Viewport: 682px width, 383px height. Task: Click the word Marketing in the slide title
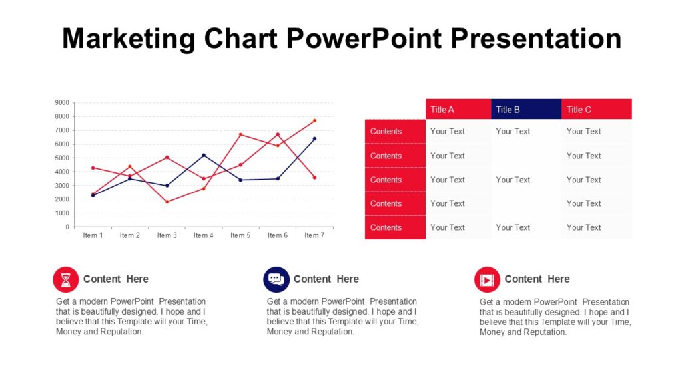point(129,39)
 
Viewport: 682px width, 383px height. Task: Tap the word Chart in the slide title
point(240,38)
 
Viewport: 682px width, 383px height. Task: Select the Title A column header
point(458,109)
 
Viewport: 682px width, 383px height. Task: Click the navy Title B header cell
point(526,109)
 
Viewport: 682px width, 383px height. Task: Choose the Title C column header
point(597,109)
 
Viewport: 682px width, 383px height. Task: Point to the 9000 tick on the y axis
point(62,102)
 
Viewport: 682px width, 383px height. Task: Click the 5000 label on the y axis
point(62,158)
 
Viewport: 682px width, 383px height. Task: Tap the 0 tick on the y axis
point(67,227)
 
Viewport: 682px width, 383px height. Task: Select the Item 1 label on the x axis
point(93,235)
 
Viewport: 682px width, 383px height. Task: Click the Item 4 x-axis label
point(204,235)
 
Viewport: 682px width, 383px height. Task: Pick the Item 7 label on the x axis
point(314,235)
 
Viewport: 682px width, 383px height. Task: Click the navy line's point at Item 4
point(204,155)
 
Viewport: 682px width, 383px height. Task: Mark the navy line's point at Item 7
point(315,139)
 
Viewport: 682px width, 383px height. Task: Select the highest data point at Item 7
point(315,121)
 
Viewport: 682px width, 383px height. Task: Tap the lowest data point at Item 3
point(167,202)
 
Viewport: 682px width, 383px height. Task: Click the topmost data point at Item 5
point(240,134)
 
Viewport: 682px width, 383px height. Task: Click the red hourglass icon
point(66,279)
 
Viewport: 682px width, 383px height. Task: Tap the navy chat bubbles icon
point(276,279)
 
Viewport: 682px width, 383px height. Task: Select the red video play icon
point(487,280)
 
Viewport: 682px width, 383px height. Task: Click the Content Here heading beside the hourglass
point(116,279)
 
